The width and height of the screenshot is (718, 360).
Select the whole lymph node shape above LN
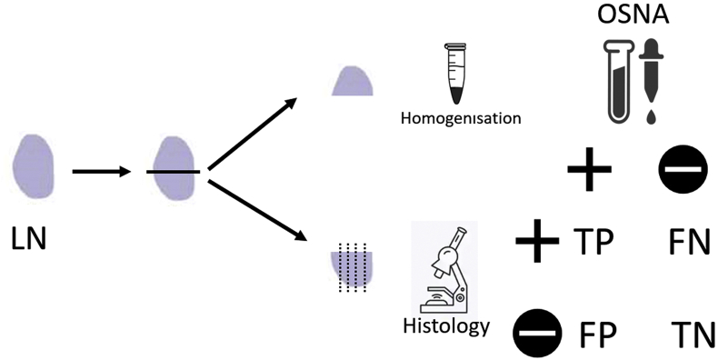35,167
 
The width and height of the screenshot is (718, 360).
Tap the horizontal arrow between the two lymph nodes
102,170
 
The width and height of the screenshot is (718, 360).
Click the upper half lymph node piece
354,81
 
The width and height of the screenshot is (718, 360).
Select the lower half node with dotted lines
353,265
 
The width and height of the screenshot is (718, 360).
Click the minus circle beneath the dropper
681,171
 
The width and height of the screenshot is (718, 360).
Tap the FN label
688,245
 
